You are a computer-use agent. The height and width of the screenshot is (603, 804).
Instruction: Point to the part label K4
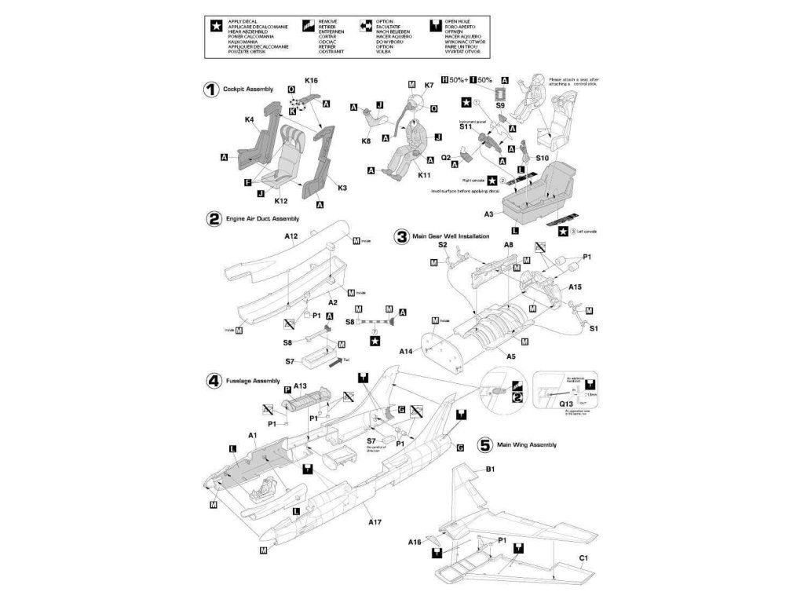coord(249,120)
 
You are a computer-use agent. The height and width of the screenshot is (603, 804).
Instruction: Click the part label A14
coord(406,351)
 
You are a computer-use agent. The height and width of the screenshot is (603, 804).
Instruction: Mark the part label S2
coord(443,245)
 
